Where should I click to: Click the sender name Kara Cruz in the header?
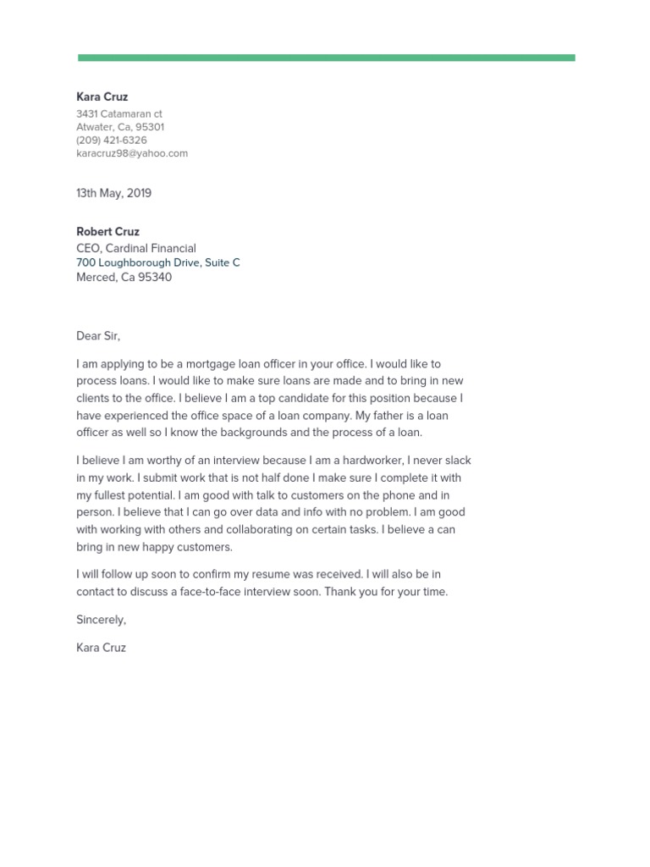(x=102, y=97)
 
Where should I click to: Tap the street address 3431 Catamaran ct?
(x=119, y=113)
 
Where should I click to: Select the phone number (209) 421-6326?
(x=111, y=141)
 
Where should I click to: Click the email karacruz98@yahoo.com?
(x=132, y=153)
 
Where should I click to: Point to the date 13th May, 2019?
(x=114, y=193)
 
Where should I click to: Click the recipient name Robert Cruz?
(x=107, y=232)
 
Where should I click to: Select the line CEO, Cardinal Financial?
(x=136, y=248)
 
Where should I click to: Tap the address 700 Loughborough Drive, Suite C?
(x=158, y=262)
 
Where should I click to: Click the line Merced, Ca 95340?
(x=124, y=277)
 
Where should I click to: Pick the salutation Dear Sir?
(x=98, y=336)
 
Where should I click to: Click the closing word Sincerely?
(x=101, y=620)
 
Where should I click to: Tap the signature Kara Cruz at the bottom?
(x=101, y=648)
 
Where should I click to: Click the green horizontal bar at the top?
(x=326, y=58)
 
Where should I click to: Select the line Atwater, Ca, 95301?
(x=120, y=127)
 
